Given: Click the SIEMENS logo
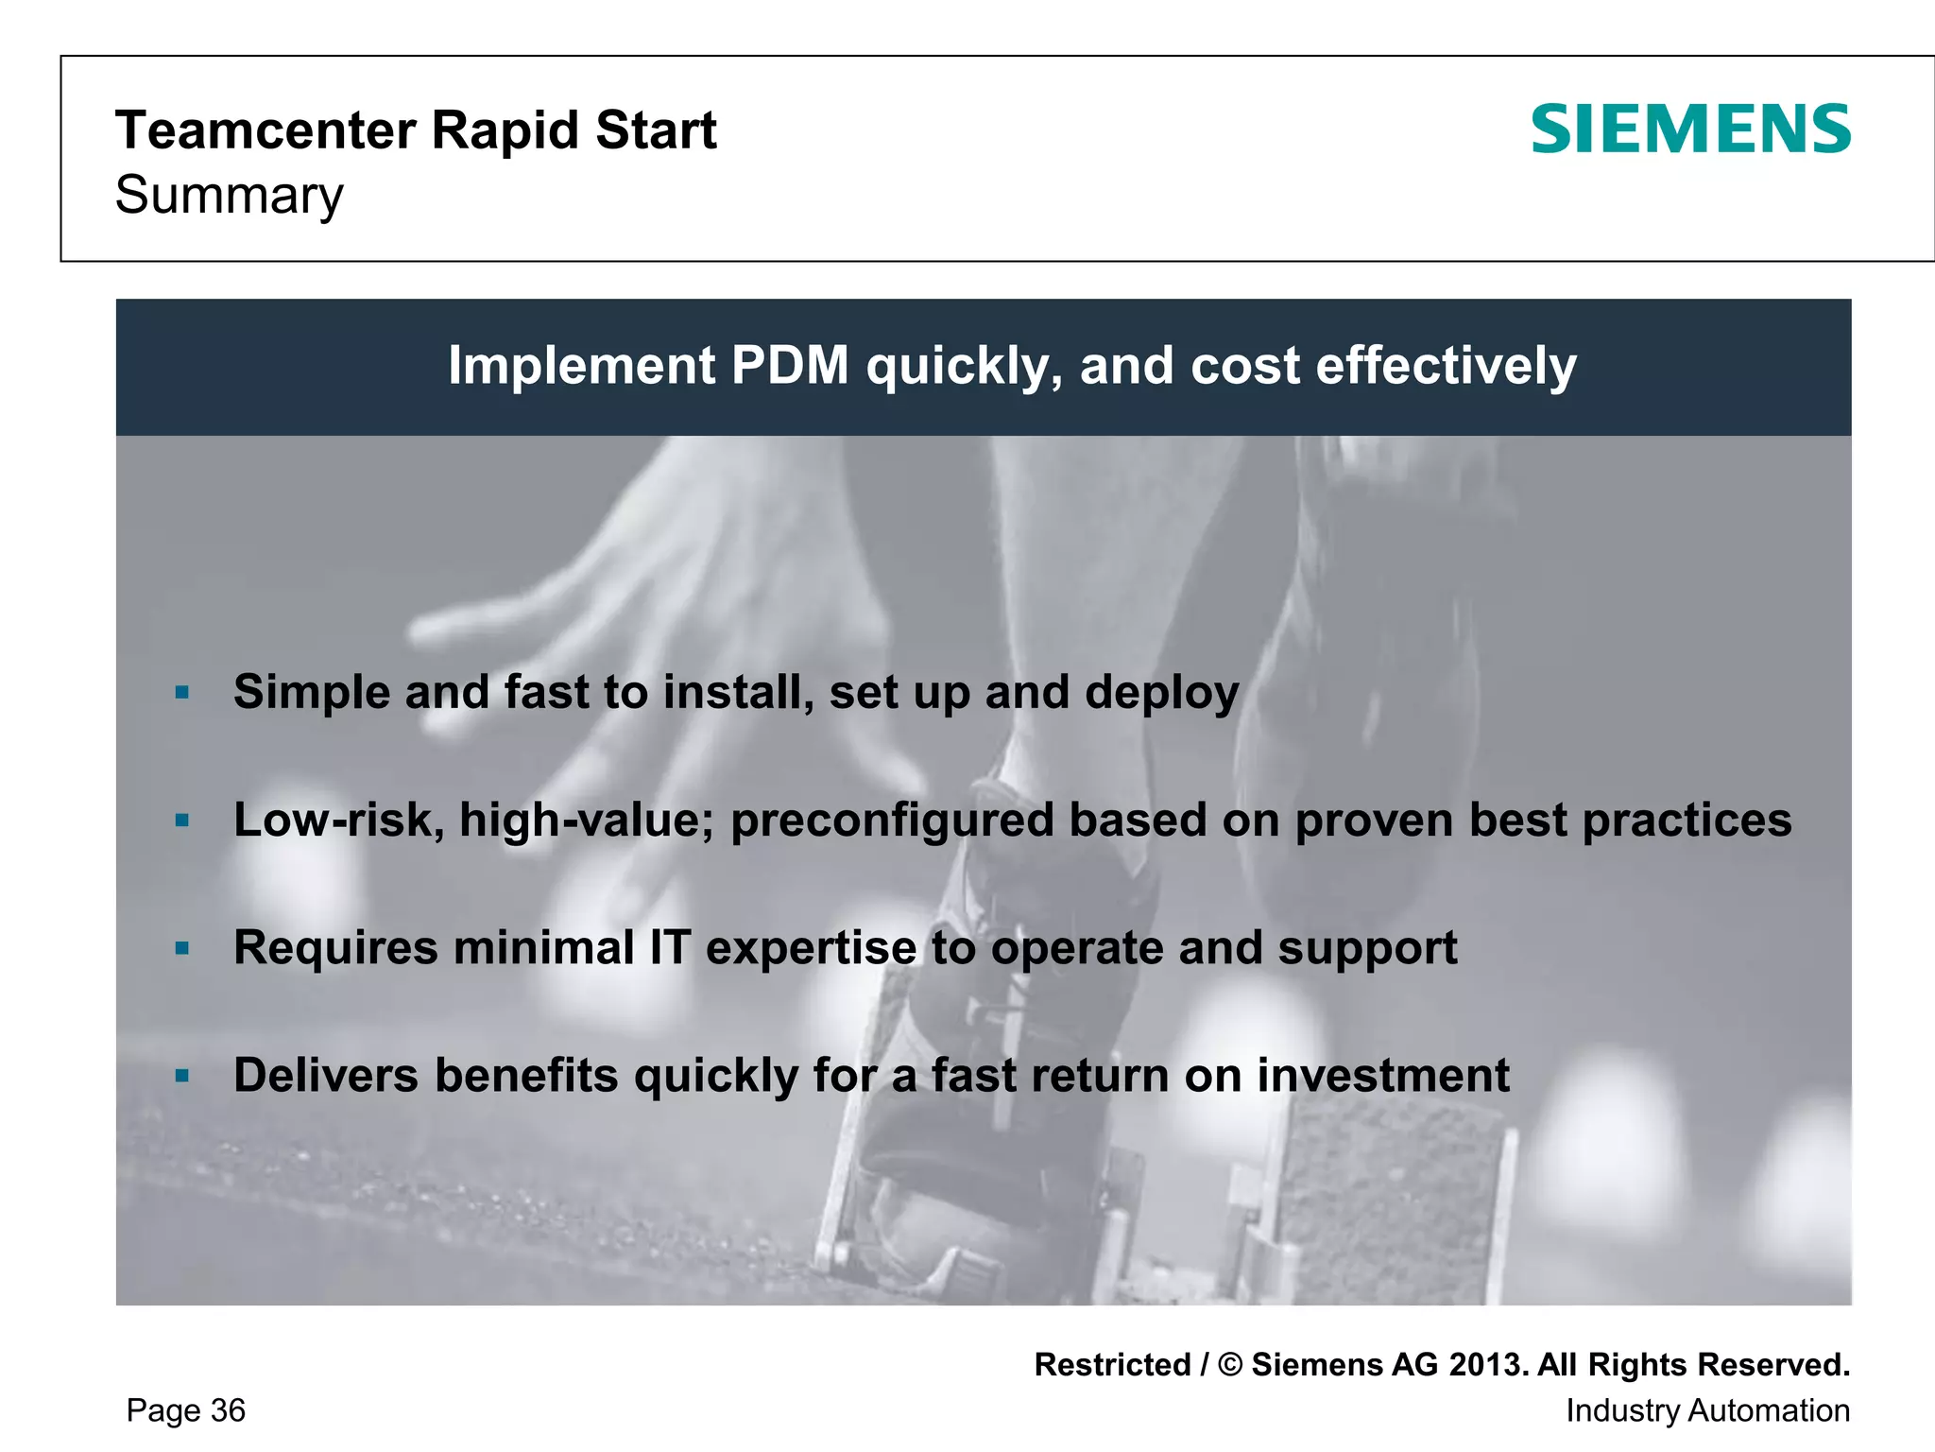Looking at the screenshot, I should tap(1690, 130).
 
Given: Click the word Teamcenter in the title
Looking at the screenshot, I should tap(265, 130).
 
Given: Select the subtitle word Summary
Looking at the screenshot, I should tap(230, 196).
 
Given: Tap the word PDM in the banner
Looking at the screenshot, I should tap(790, 366).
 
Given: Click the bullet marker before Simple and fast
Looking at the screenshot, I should tap(183, 693).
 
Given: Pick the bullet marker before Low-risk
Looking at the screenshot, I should tap(183, 821).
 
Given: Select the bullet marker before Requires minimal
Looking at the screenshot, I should tap(183, 948).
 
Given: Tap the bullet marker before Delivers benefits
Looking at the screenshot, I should tap(183, 1076).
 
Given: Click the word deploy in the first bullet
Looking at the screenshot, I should tap(1161, 693).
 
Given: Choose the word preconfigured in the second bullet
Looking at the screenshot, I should tap(892, 821).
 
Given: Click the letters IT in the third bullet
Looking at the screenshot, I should tap(670, 948).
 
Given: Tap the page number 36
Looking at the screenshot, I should tap(228, 1410).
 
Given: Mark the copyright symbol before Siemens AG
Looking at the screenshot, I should tap(1230, 1365).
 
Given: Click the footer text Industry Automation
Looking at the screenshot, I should tap(1707, 1410).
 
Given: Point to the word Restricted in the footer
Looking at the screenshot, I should tap(1112, 1365).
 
